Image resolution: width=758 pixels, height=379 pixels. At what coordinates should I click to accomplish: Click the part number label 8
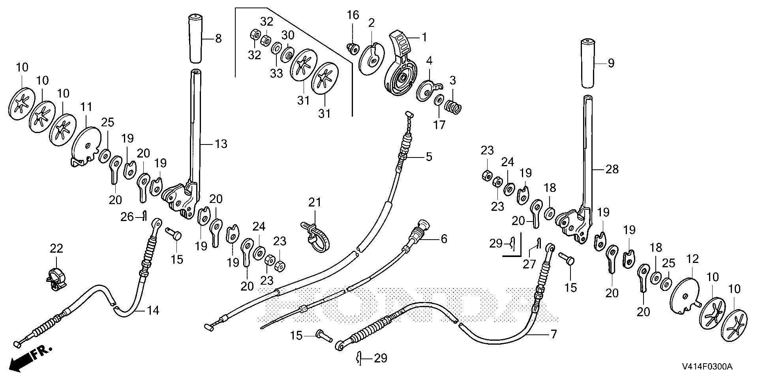pos(218,39)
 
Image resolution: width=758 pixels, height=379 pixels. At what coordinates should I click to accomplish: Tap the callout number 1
pos(424,38)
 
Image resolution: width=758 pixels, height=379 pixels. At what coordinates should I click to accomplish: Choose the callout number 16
pos(353,15)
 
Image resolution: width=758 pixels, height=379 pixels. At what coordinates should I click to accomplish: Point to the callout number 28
pos(612,169)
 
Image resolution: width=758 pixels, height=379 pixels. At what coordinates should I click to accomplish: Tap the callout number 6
pos(444,239)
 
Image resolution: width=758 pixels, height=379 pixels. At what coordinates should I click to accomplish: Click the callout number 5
pos(429,157)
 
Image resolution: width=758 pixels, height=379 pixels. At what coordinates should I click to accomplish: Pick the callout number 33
pos(277,73)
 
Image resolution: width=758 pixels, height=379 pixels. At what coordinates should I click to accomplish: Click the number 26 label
pos(128,217)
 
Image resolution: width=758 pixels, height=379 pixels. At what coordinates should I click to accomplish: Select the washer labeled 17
pos(439,101)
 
